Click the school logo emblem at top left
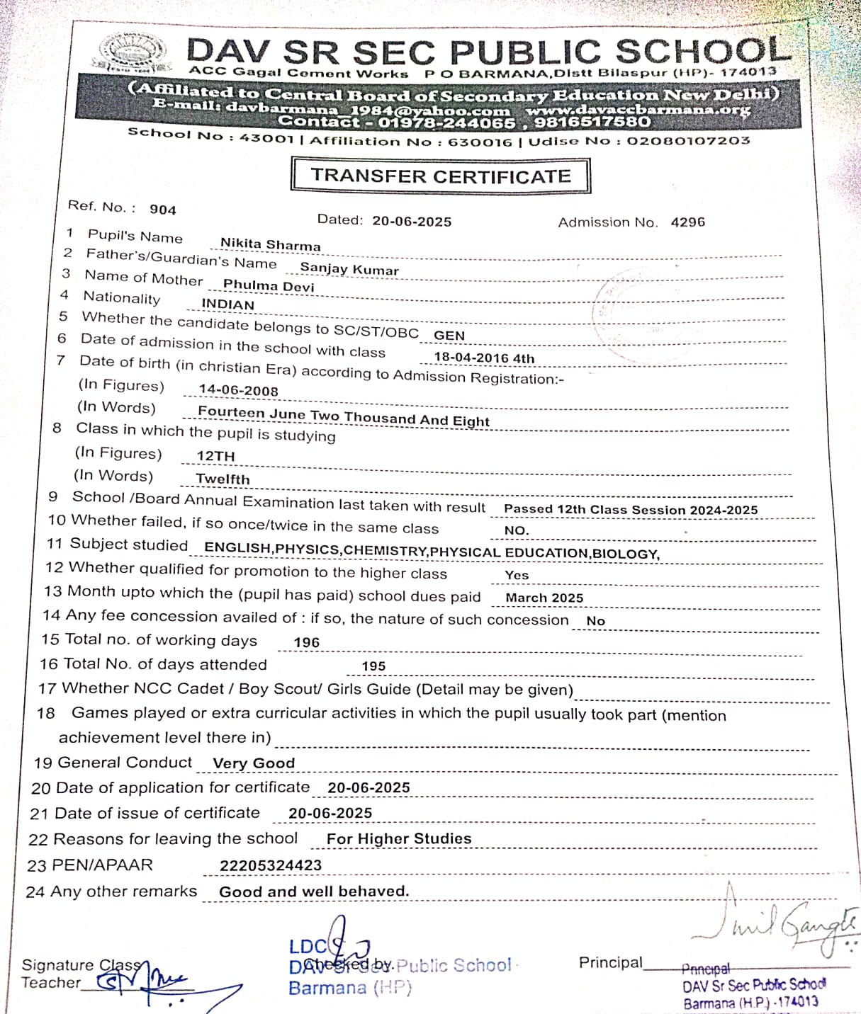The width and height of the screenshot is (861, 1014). click(133, 54)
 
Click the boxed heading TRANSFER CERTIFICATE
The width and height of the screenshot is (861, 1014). click(440, 176)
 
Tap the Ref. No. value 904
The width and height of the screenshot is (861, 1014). click(162, 210)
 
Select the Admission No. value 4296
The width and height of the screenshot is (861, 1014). click(687, 222)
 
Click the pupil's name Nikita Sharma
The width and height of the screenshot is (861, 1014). click(270, 244)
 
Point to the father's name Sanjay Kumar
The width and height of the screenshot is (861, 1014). click(349, 268)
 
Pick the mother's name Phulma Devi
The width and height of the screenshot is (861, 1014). click(268, 285)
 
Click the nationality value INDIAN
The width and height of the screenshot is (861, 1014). click(227, 304)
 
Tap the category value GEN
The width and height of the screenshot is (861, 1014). click(449, 336)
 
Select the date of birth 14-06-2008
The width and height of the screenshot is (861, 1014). click(238, 390)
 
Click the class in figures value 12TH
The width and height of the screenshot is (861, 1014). click(215, 456)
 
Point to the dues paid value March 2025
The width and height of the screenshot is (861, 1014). click(544, 598)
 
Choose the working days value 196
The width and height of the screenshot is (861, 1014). click(306, 642)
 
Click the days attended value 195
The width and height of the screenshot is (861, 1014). click(373, 666)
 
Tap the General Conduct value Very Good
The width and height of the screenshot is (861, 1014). click(254, 763)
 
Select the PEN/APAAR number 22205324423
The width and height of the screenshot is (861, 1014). click(270, 865)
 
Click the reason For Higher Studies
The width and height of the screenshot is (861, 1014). click(399, 839)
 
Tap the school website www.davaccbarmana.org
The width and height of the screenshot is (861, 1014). click(637, 110)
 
